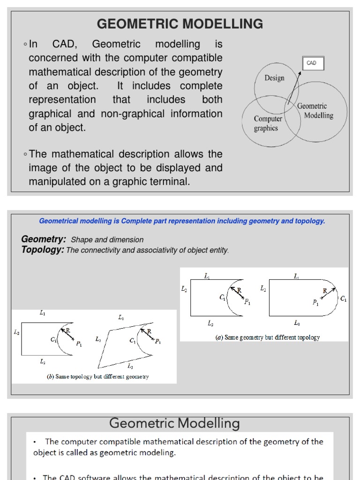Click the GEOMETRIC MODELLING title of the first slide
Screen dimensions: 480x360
coord(180,23)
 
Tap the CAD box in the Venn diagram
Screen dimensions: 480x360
coord(311,63)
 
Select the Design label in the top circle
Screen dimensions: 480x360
coord(274,78)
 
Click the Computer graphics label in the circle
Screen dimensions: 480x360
coord(268,124)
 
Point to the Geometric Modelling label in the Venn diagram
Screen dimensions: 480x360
coord(315,111)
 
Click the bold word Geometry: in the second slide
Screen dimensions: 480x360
coord(44,239)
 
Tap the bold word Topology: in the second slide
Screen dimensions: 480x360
coord(43,250)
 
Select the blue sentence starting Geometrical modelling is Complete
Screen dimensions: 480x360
coord(182,221)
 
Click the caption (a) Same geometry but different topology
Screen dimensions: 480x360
coord(268,337)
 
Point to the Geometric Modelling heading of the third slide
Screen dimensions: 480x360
coord(174,424)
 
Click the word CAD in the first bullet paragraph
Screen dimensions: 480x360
coord(62,45)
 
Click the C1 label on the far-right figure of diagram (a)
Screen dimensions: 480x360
coord(343,299)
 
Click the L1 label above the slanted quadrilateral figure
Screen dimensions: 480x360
coord(121,317)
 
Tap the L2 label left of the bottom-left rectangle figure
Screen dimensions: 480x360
coord(17,332)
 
